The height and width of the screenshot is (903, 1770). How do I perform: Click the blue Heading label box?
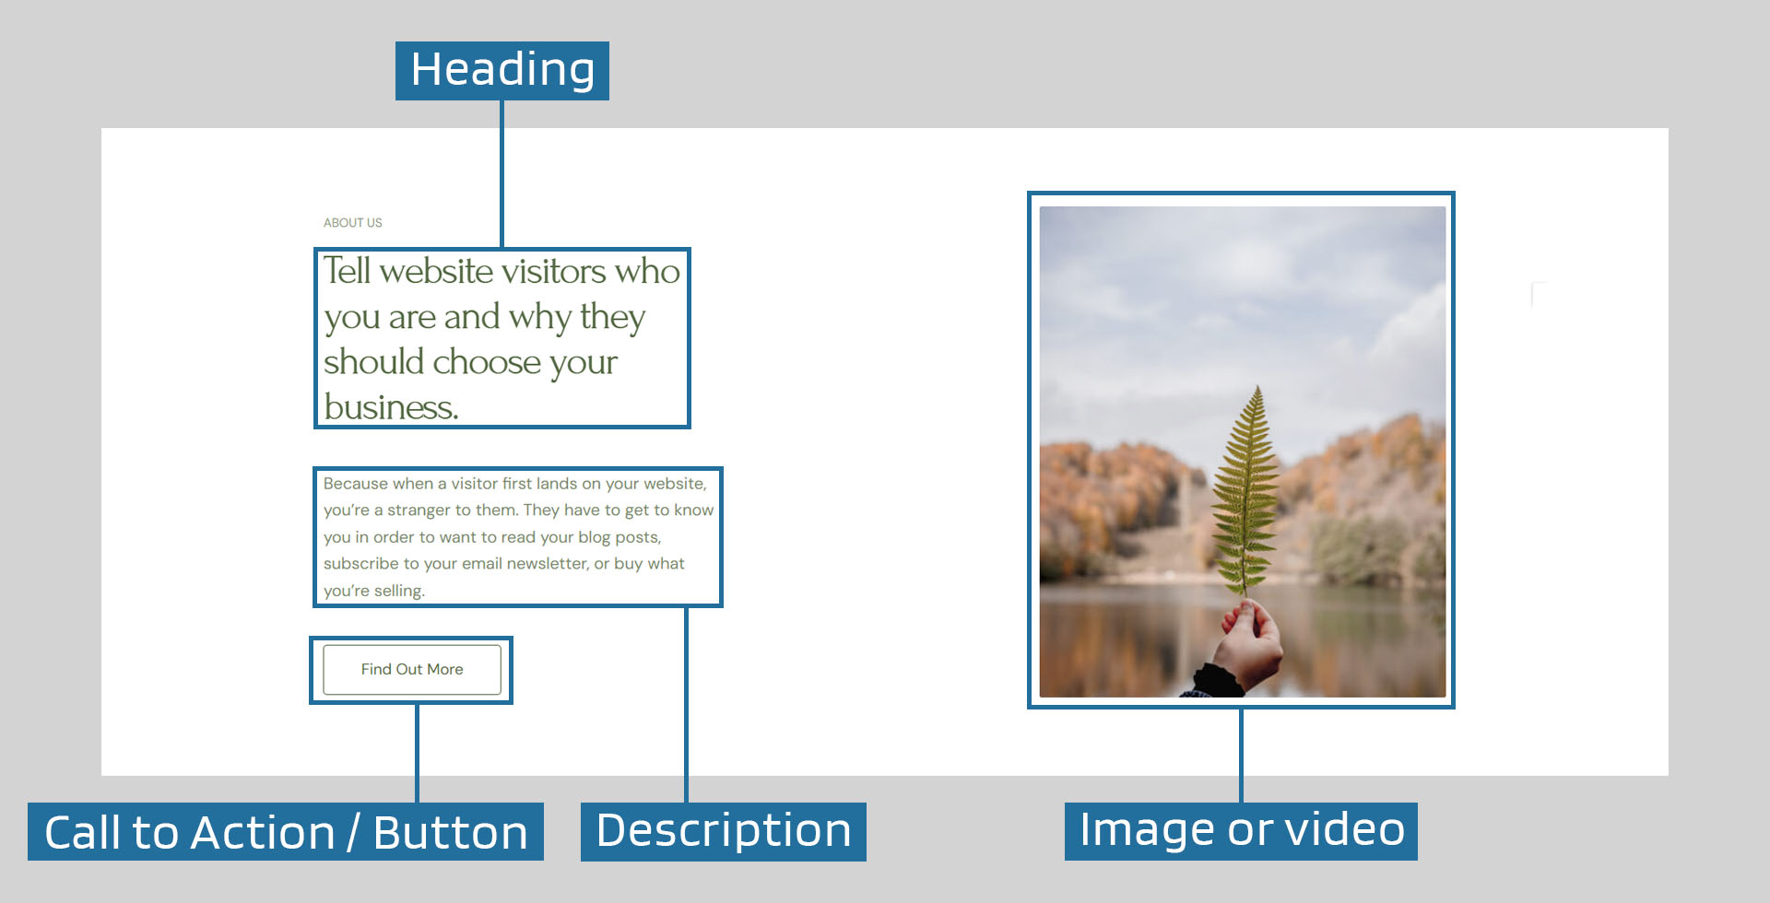[502, 71]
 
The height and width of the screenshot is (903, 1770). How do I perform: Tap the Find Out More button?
[412, 669]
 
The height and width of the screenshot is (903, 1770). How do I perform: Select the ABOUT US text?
[352, 223]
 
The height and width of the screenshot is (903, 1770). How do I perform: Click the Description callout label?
[724, 831]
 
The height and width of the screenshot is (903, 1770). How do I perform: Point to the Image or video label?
[1241, 831]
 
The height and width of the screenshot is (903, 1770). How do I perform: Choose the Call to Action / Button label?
[286, 831]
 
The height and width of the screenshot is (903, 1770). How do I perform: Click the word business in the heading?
[391, 407]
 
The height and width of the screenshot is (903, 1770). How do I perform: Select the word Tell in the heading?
[347, 271]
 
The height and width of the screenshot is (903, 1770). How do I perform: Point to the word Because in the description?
[356, 484]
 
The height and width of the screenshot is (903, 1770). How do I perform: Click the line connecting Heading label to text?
[501, 174]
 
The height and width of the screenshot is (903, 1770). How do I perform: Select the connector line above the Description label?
[687, 705]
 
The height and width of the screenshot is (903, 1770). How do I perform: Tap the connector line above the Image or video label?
[1241, 756]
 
